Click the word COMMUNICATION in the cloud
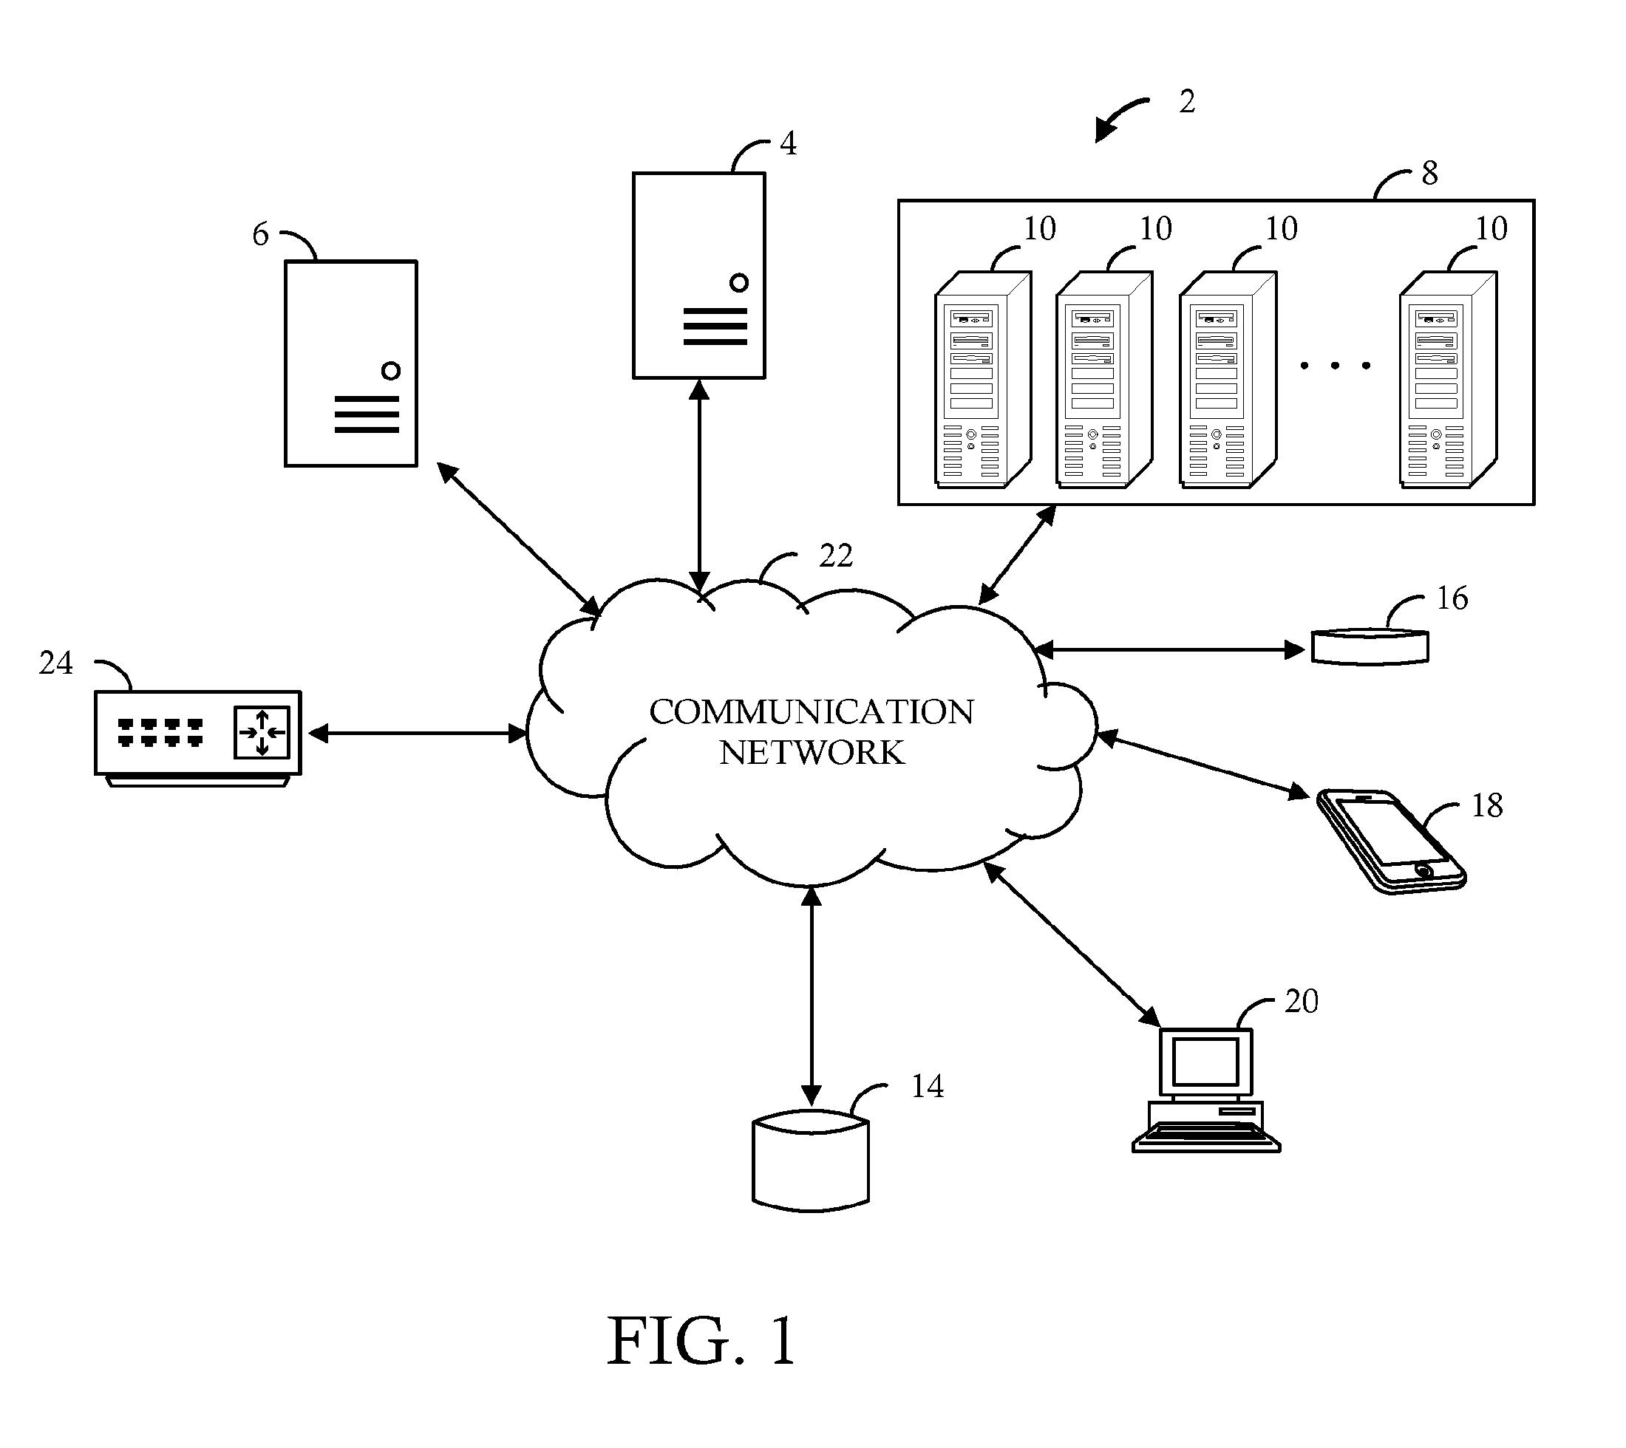(x=811, y=712)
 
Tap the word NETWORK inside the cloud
(x=812, y=753)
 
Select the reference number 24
(x=55, y=663)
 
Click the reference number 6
(x=260, y=234)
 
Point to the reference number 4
(x=788, y=143)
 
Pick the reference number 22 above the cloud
(x=836, y=556)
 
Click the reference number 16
(x=1452, y=598)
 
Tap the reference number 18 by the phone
(x=1487, y=805)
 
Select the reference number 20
(x=1302, y=1001)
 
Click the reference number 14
(x=928, y=1086)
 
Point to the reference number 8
(x=1429, y=174)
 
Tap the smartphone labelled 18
(x=1391, y=841)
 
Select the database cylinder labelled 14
(x=810, y=1161)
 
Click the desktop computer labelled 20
(x=1205, y=1090)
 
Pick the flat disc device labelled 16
(x=1369, y=647)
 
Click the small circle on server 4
(x=738, y=282)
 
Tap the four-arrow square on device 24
(x=262, y=732)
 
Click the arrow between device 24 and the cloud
(x=417, y=733)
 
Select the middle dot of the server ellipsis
(x=1335, y=366)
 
